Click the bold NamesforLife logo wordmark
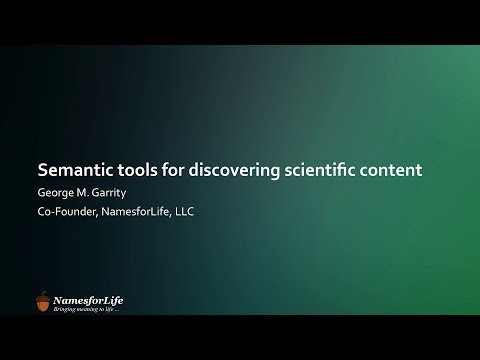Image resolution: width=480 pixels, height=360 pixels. click(x=88, y=299)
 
